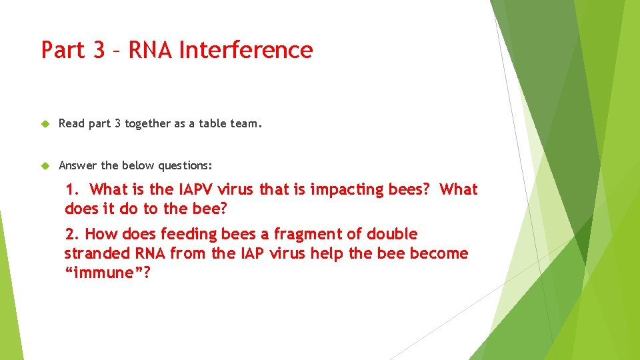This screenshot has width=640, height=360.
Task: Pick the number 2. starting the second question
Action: click(72, 234)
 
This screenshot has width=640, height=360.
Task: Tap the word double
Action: click(393, 234)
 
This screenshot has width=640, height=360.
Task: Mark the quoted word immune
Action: click(107, 273)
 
